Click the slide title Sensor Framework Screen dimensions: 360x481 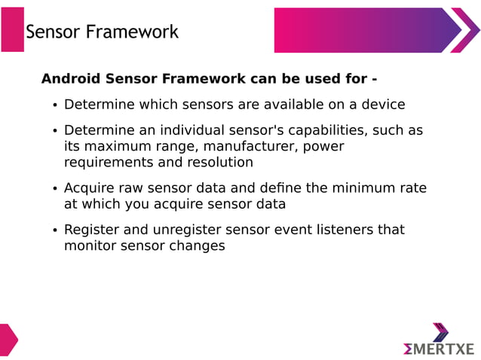(102, 32)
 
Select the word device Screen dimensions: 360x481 (381, 105)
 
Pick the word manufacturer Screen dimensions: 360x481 (244, 146)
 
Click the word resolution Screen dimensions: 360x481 (219, 163)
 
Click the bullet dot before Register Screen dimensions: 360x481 (54, 231)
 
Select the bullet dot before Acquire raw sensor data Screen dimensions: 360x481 (54, 190)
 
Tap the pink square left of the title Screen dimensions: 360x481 (12, 29)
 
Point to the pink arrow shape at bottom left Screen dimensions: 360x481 (7, 340)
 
